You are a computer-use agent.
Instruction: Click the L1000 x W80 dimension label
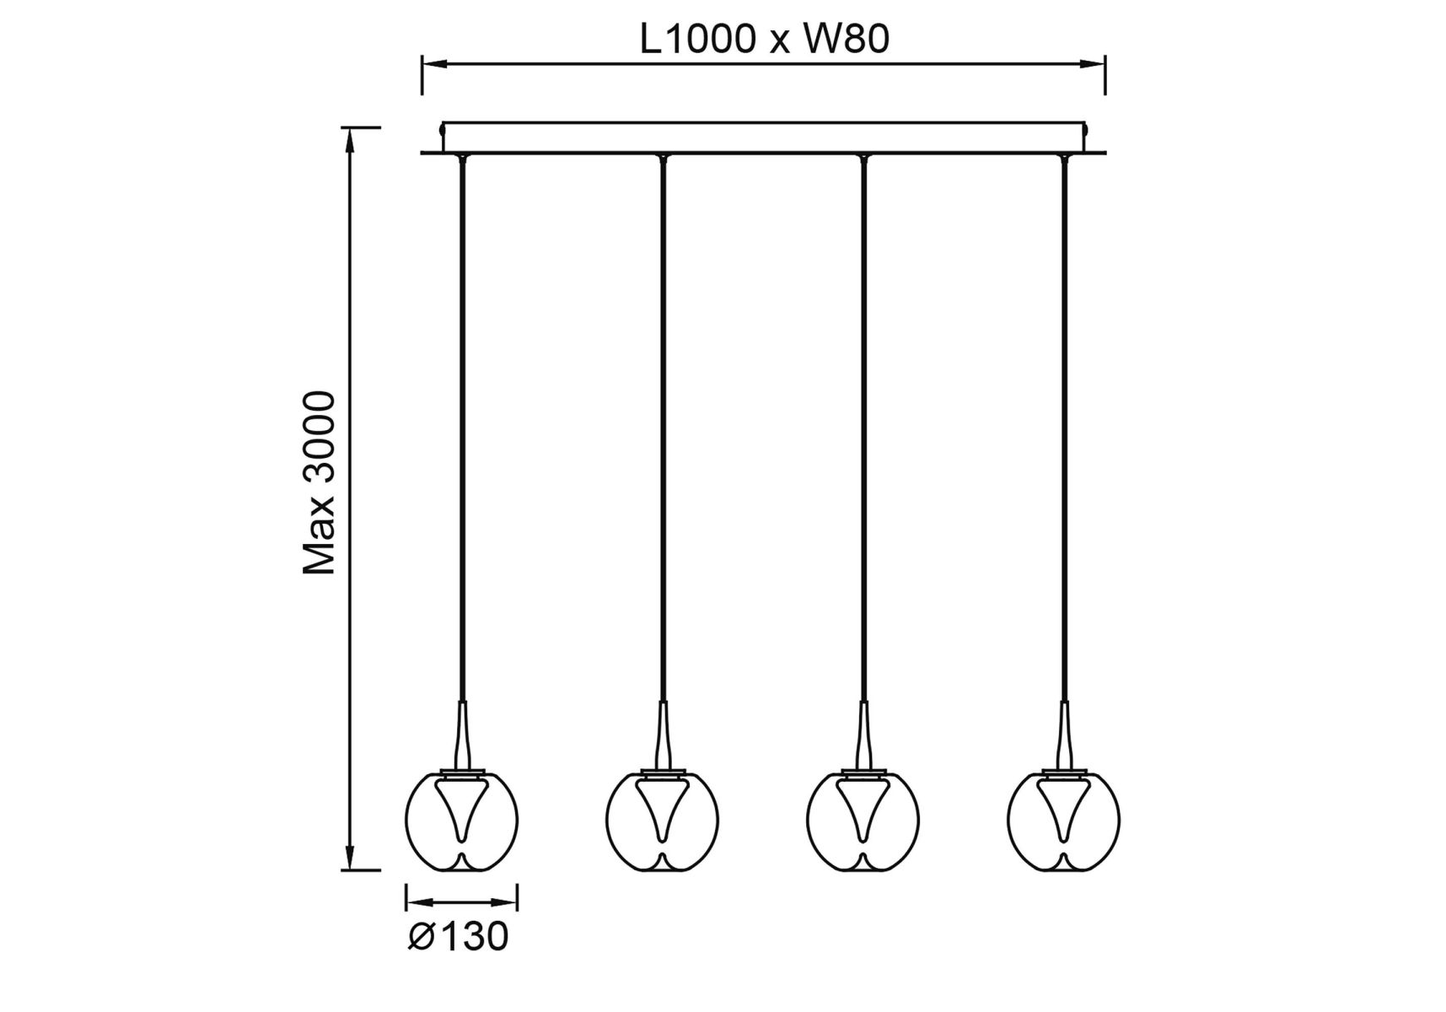pos(764,40)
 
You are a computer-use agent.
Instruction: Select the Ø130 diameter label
pos(459,936)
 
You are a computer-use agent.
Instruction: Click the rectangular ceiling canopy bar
pos(763,137)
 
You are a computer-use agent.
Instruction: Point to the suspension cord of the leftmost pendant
pos(462,422)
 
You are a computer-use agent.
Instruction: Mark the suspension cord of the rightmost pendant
pos(1064,422)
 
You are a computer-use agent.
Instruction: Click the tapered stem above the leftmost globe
pos(462,734)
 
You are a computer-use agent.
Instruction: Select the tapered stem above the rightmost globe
pos(1064,734)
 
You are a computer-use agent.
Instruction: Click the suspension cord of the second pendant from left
pos(663,422)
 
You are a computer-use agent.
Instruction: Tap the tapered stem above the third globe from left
pos(863,734)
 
